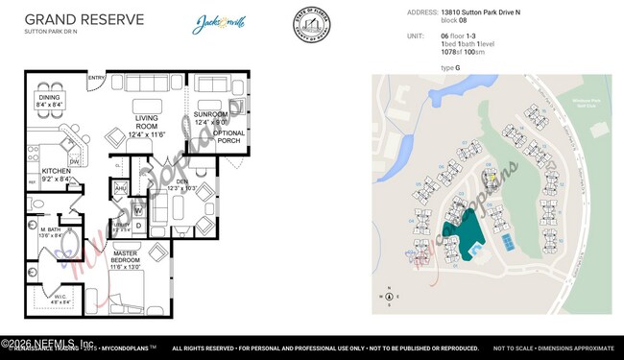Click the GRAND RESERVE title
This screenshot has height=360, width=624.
pyautogui.click(x=84, y=18)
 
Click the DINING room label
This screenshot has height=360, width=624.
pyautogui.click(x=50, y=98)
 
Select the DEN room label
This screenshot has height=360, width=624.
pyautogui.click(x=180, y=181)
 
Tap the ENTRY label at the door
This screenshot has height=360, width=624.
pyautogui.click(x=97, y=77)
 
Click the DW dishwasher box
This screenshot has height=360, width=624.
pyautogui.click(x=74, y=161)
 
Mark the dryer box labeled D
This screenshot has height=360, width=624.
pyautogui.click(x=137, y=226)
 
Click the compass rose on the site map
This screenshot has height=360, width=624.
pyautogui.click(x=388, y=296)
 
